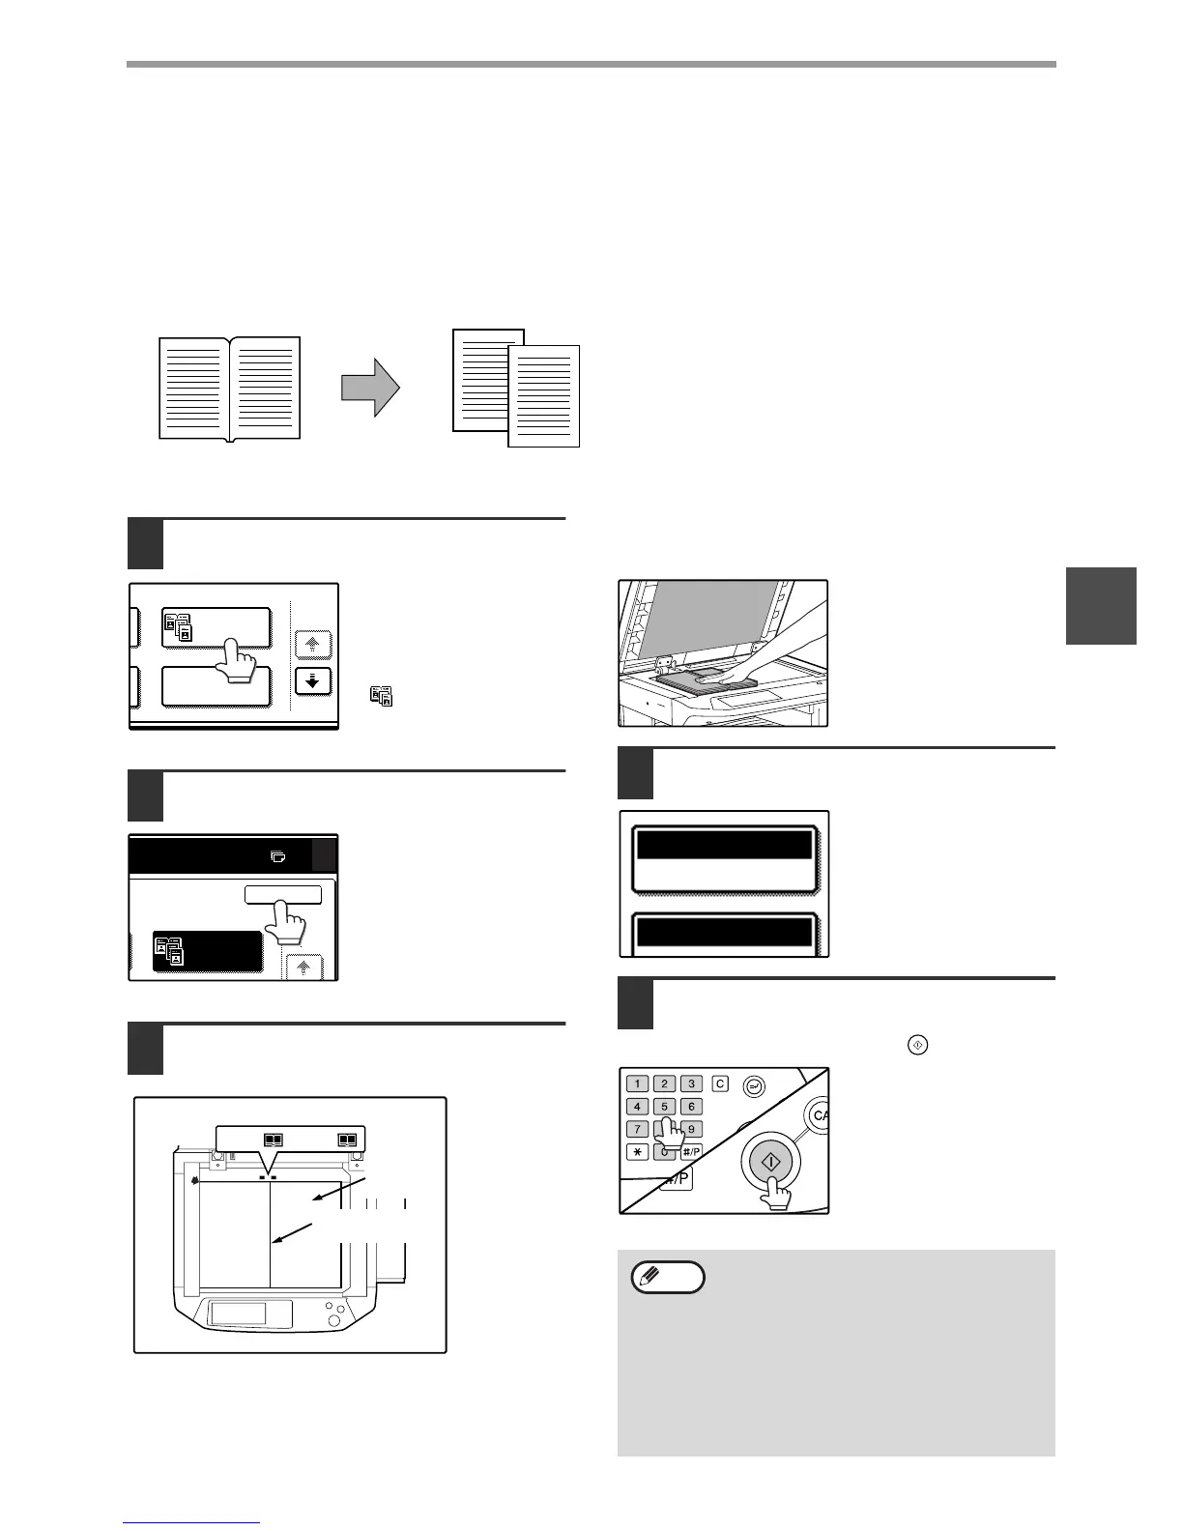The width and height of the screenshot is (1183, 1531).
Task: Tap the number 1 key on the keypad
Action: click(x=638, y=1083)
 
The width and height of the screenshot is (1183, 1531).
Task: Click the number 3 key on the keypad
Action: click(x=690, y=1083)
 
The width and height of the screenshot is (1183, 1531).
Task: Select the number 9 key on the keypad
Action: click(x=692, y=1129)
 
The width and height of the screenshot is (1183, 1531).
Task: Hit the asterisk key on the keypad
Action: click(x=638, y=1151)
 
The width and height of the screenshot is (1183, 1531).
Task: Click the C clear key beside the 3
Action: click(x=720, y=1083)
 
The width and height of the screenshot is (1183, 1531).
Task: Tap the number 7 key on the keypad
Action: click(x=638, y=1129)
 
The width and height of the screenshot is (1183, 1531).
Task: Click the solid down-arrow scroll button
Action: click(x=312, y=680)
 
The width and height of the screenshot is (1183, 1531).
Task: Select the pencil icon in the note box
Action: click(x=667, y=1278)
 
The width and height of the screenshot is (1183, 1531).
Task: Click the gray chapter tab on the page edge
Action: click(x=1101, y=605)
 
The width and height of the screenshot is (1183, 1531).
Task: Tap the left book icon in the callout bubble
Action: click(x=273, y=1141)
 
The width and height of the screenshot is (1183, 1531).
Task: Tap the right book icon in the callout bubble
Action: click(x=347, y=1141)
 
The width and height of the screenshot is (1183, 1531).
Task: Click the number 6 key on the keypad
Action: click(x=690, y=1107)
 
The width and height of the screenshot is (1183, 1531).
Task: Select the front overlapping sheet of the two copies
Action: click(x=544, y=396)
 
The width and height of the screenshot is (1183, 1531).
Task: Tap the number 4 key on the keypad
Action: click(x=638, y=1107)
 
